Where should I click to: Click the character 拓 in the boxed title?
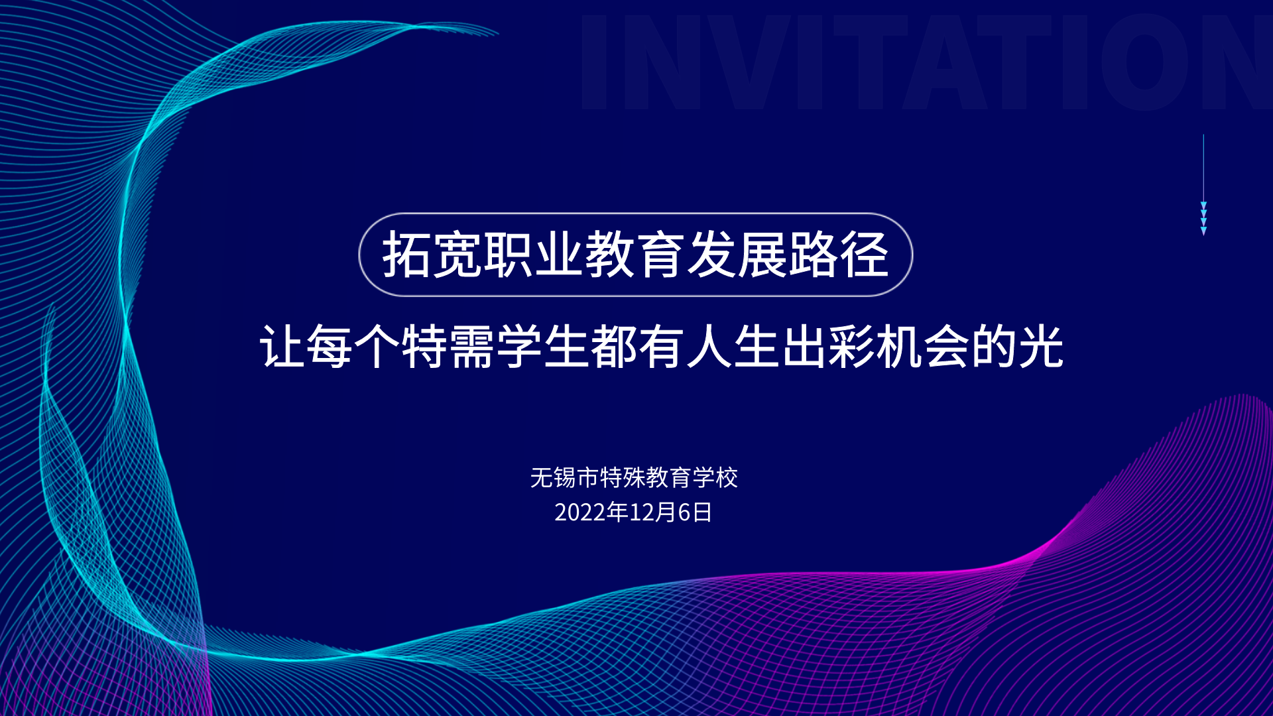pos(407,255)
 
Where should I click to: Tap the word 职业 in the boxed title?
pos(533,255)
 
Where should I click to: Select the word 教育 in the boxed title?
pos(634,255)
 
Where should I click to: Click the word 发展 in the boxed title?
pos(736,255)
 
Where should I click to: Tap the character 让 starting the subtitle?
pos(282,346)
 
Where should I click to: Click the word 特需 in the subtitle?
pos(448,346)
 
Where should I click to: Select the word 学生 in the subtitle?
pos(543,346)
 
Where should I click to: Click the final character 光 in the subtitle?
pos(1042,346)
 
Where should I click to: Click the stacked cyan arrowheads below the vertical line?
pos(1203,218)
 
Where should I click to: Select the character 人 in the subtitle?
pos(709,346)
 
